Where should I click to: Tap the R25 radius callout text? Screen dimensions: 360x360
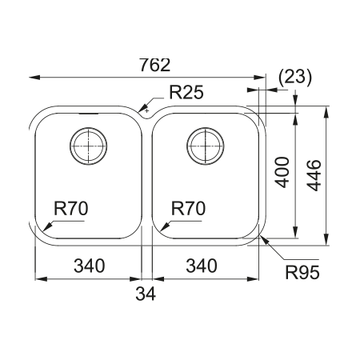coord(186,93)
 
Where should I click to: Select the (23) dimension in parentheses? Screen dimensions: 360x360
coord(295,77)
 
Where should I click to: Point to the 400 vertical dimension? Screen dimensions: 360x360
coord(282,171)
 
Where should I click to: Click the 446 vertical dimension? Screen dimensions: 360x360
coord(314,174)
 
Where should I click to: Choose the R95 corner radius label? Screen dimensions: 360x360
coord(302,273)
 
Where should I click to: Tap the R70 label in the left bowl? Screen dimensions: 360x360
coord(70,209)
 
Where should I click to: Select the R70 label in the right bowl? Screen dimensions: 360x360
coord(189,209)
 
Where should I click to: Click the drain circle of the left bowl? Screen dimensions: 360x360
coord(87,146)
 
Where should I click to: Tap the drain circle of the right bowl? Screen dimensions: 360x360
coord(203,146)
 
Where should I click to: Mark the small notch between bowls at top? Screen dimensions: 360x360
coord(146,110)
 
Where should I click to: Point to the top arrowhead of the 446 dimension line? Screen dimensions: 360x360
coord(326,110)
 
